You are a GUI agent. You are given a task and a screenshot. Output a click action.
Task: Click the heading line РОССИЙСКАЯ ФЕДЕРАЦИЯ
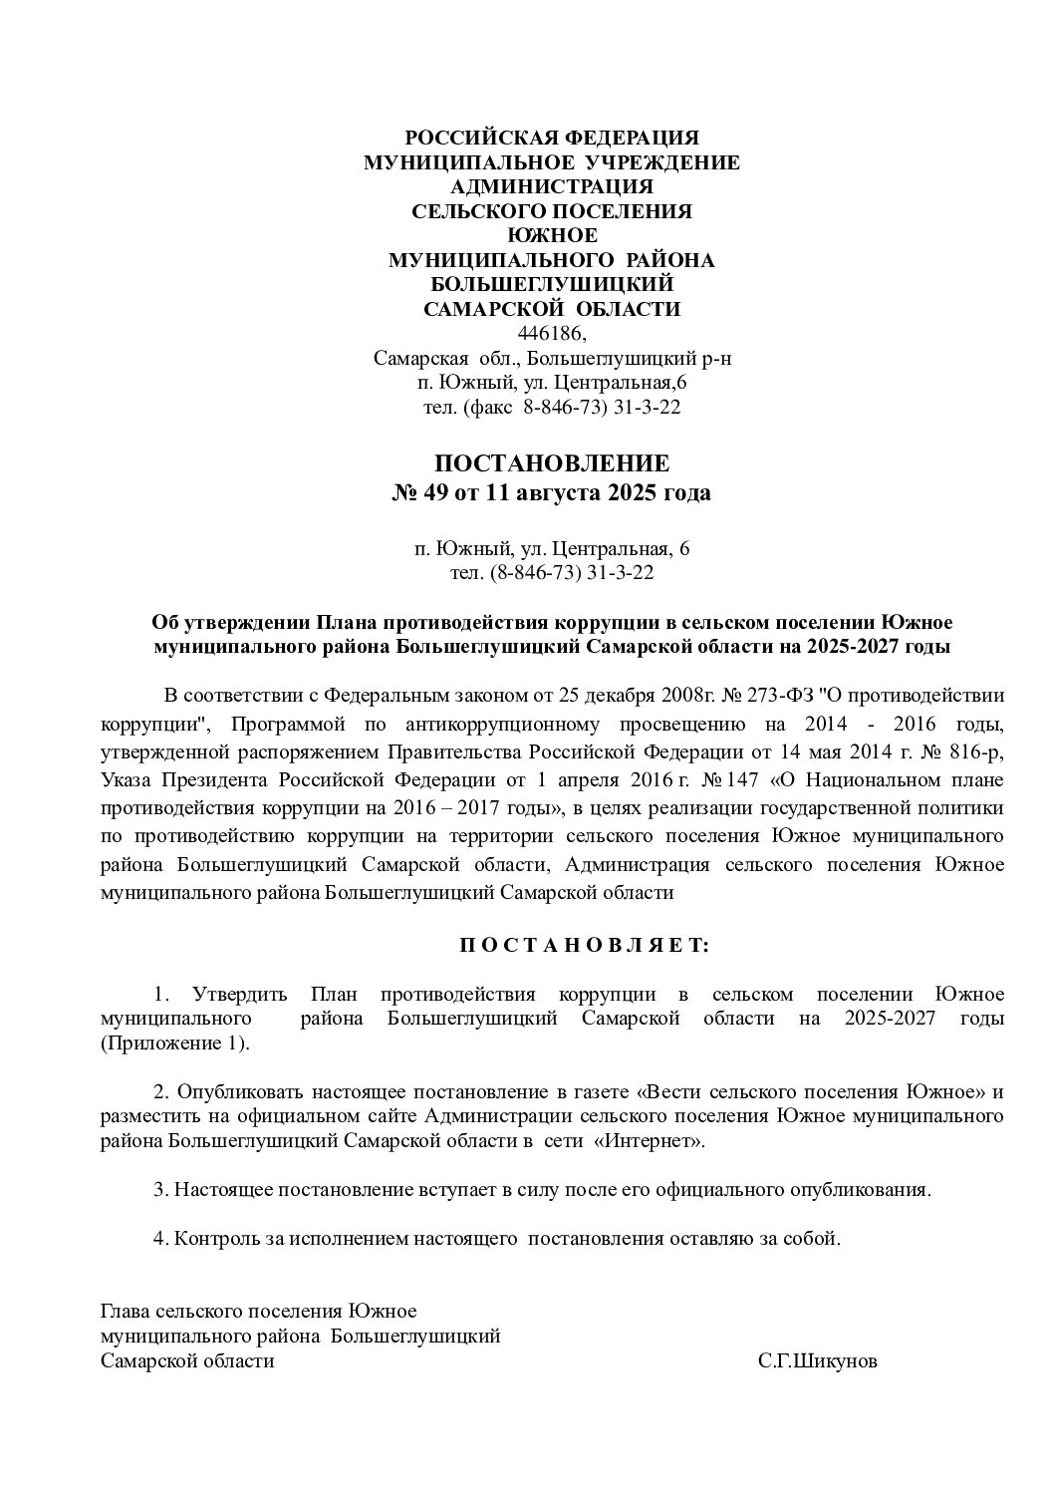[x=551, y=138]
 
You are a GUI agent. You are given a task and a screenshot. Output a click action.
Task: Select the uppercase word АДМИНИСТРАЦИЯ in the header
[x=551, y=186]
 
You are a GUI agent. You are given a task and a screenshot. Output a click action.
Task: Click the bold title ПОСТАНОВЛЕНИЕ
[x=551, y=463]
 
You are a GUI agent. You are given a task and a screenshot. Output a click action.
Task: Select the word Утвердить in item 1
[x=240, y=994]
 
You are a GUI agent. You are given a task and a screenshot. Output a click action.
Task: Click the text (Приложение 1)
[x=175, y=1044]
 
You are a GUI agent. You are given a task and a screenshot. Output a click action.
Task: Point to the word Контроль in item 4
[x=212, y=1239]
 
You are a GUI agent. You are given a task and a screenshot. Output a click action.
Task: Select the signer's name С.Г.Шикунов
[x=818, y=1361]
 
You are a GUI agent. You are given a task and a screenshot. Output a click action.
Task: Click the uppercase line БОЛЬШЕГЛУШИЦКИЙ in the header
[x=551, y=285]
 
